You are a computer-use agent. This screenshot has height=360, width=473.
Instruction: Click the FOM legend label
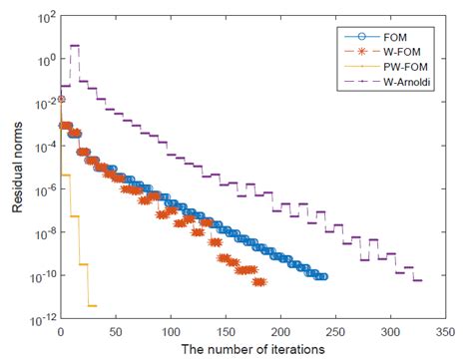(x=390, y=37)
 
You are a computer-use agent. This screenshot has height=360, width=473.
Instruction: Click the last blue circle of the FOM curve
(x=322, y=277)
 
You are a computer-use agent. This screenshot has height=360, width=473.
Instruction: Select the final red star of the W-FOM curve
(x=260, y=282)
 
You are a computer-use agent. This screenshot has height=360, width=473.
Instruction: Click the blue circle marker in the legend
(x=355, y=37)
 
